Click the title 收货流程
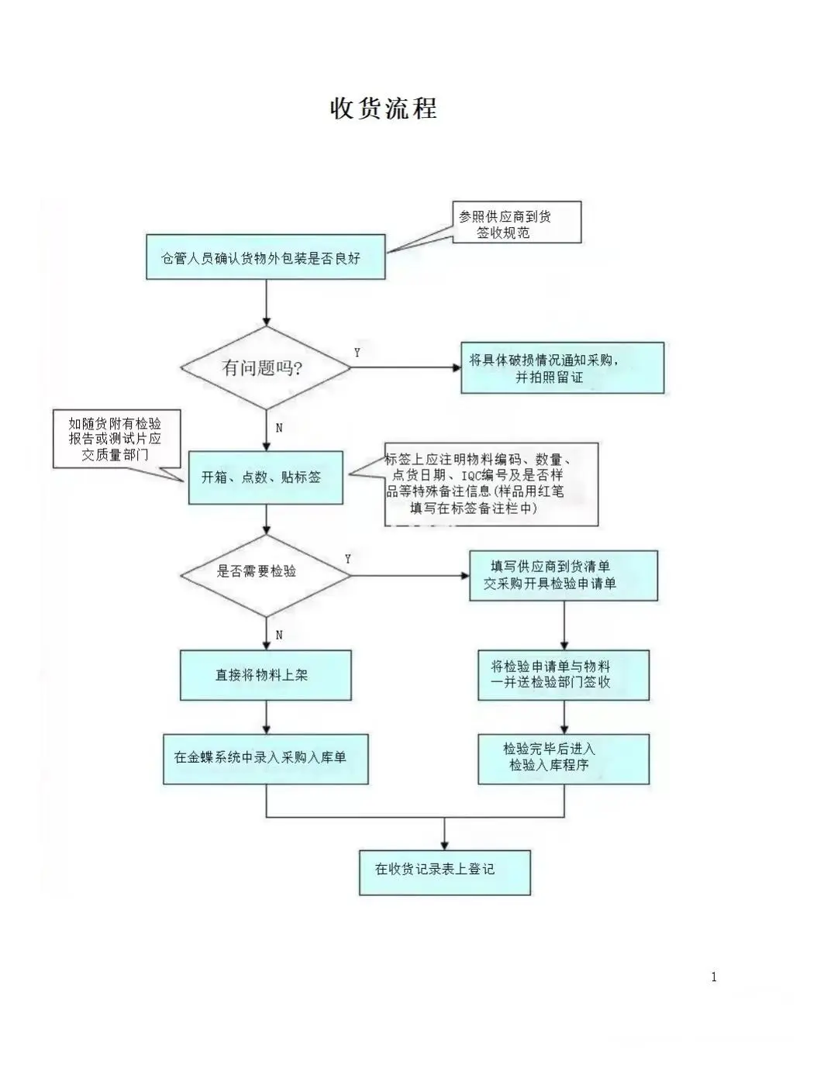[384, 108]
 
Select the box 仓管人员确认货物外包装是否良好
[265, 257]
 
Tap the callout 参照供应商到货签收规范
[515, 223]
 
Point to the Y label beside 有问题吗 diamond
[357, 353]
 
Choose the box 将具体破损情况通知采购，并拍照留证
[562, 368]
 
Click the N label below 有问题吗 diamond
[279, 428]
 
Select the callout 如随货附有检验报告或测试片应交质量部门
[116, 439]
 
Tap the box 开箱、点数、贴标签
[265, 477]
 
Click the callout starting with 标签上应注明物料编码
[491, 484]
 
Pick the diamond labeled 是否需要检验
[265, 572]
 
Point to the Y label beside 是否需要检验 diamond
[348, 559]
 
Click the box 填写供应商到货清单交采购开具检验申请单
[563, 575]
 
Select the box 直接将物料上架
[265, 675]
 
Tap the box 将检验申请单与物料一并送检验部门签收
[563, 675]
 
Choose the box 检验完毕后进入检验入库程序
[563, 758]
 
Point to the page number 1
[714, 977]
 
